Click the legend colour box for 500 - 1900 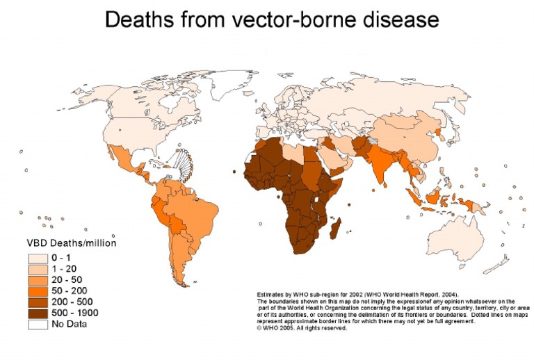pos(37,313)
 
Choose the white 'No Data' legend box pos(37,324)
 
